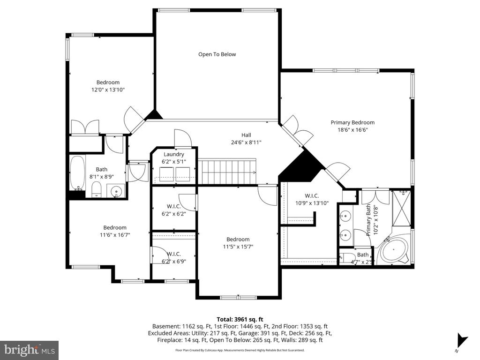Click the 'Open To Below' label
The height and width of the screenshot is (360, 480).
(x=217, y=54)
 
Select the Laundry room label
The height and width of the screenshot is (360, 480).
(x=174, y=154)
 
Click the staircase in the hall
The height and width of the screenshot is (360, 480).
(x=228, y=171)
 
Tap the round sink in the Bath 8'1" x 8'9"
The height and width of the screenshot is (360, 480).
(x=116, y=191)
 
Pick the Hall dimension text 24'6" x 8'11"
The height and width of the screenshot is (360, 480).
(x=246, y=142)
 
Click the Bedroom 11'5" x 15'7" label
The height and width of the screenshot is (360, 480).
(x=238, y=242)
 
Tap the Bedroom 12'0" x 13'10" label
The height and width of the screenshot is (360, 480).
(x=108, y=86)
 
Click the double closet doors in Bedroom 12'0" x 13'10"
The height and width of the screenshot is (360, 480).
(x=85, y=127)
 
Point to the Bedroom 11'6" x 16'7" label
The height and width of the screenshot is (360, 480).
(x=115, y=231)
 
